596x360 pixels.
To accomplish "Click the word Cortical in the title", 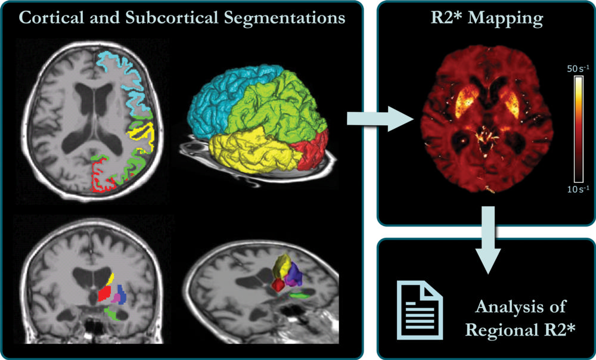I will pyautogui.click(x=50, y=18).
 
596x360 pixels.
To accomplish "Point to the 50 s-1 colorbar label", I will pyautogui.click(x=578, y=69).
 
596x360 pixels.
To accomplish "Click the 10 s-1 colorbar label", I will pyautogui.click(x=578, y=189).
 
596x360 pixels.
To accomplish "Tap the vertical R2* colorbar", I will pyautogui.click(x=578, y=128).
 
